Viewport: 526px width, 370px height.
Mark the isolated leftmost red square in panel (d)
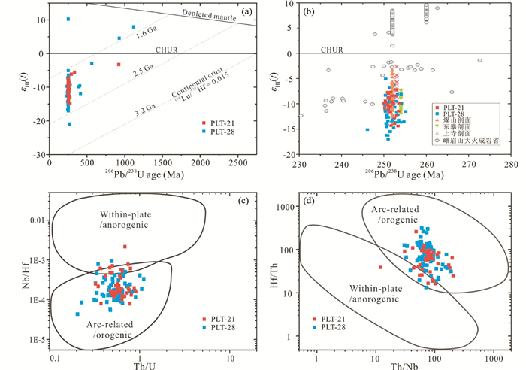point(381,267)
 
